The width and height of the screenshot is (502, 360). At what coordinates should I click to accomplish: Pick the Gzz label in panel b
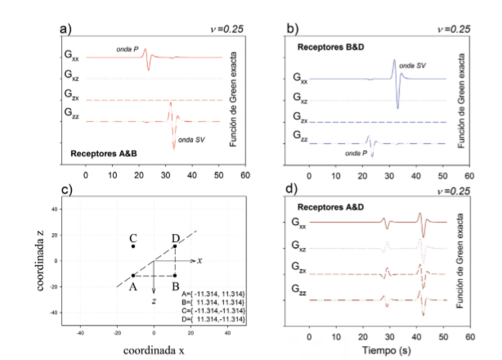tap(304, 143)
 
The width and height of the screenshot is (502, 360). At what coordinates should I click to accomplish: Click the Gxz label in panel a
tap(76, 79)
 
